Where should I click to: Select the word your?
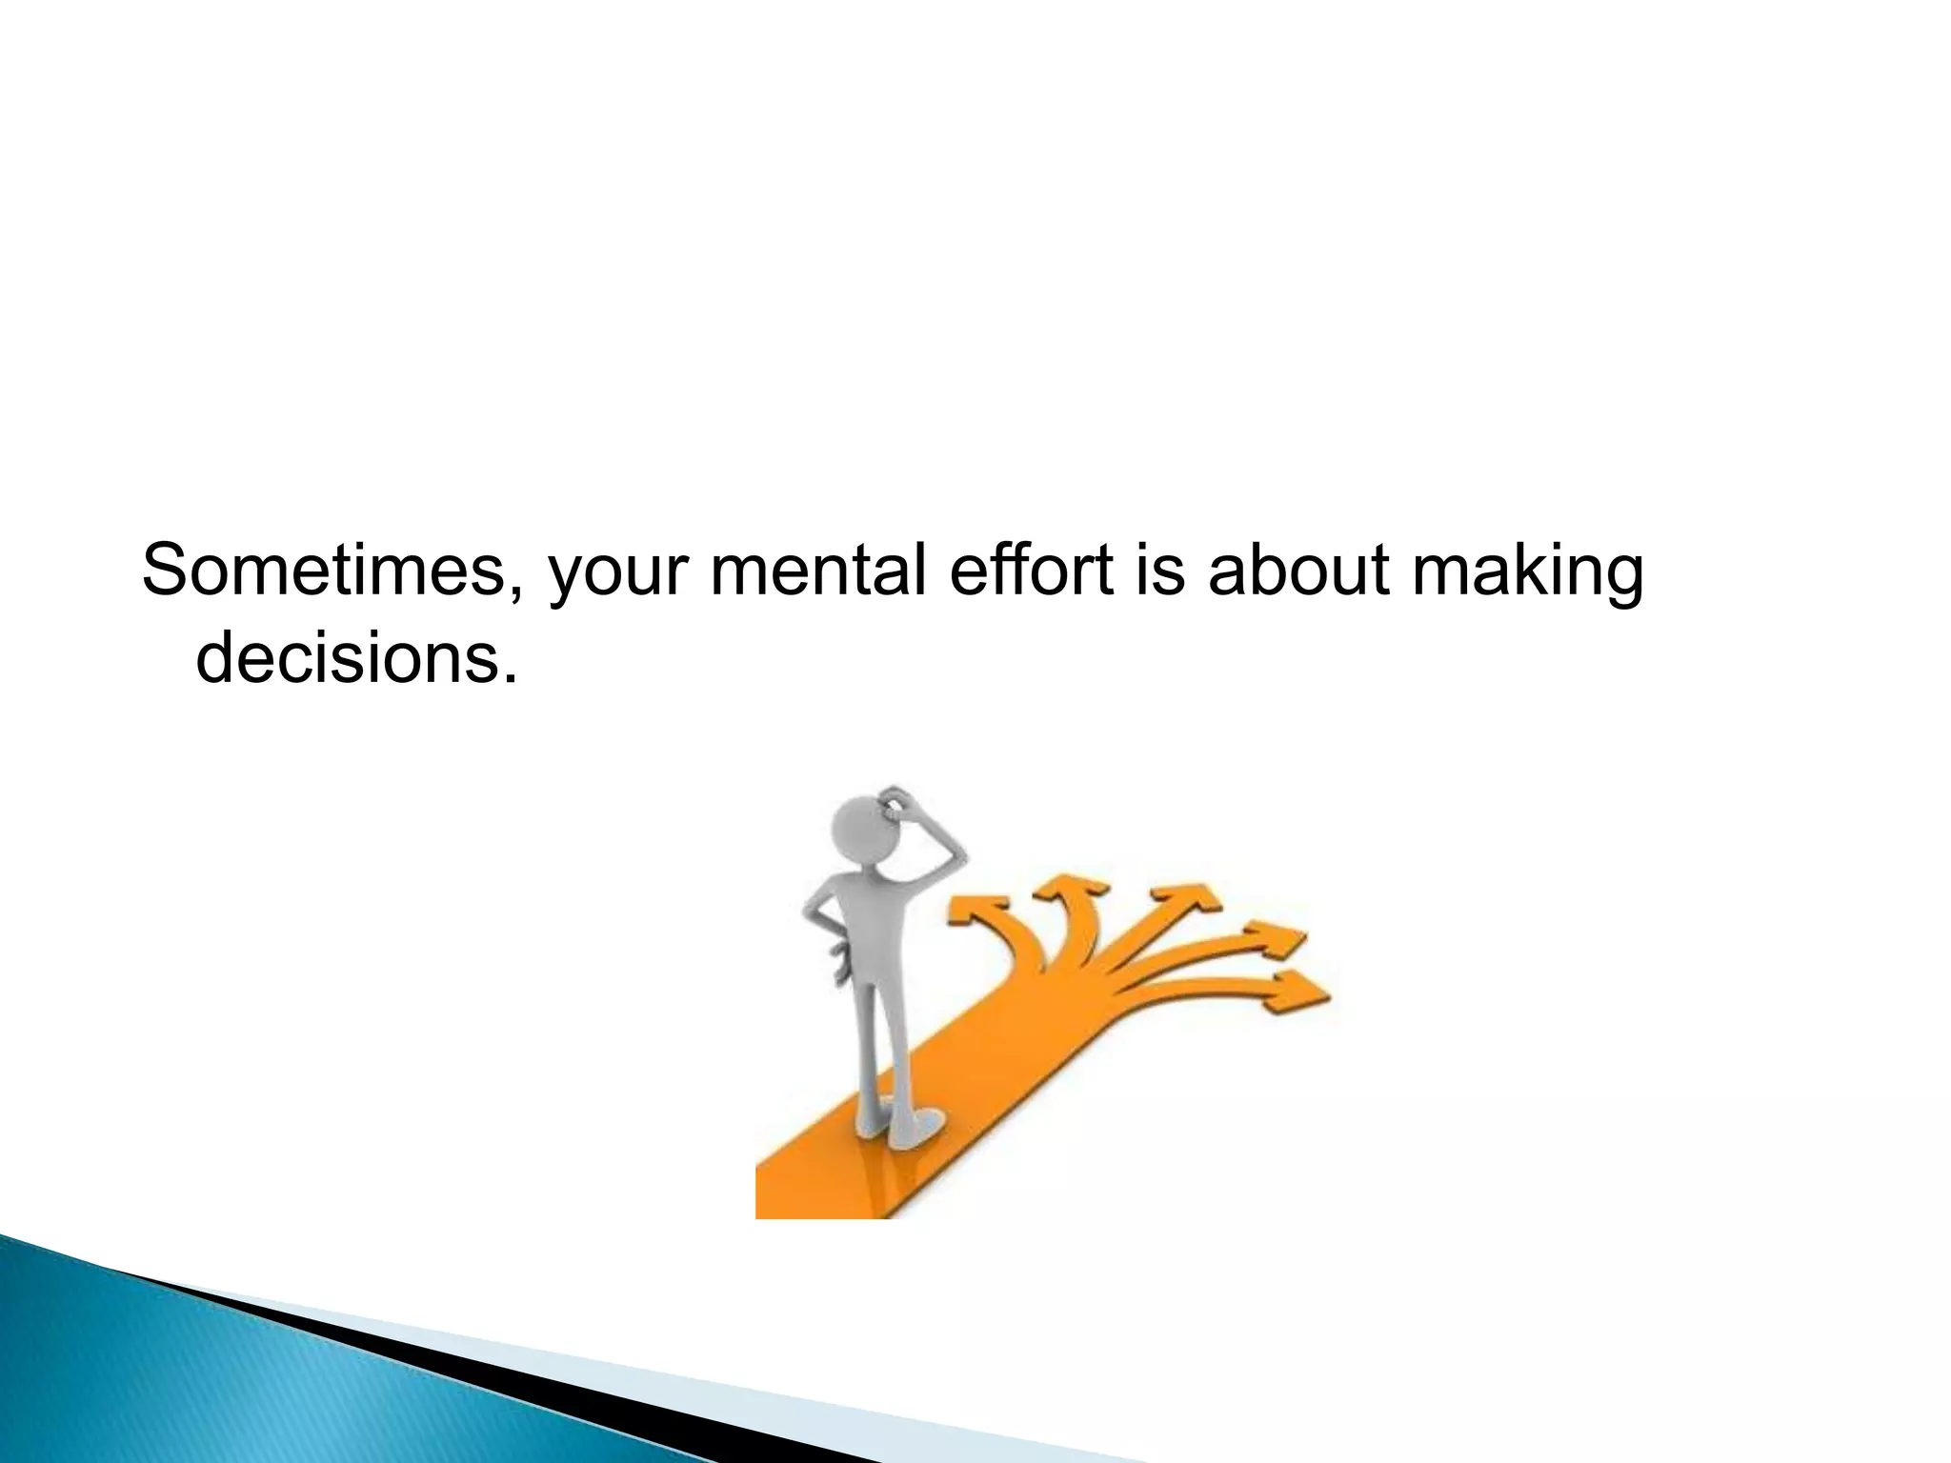[x=619, y=573]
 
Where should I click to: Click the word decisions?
[x=348, y=657]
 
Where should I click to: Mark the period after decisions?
[x=511, y=677]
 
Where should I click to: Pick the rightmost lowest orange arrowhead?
[x=1300, y=991]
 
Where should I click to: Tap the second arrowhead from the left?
[x=1072, y=888]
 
